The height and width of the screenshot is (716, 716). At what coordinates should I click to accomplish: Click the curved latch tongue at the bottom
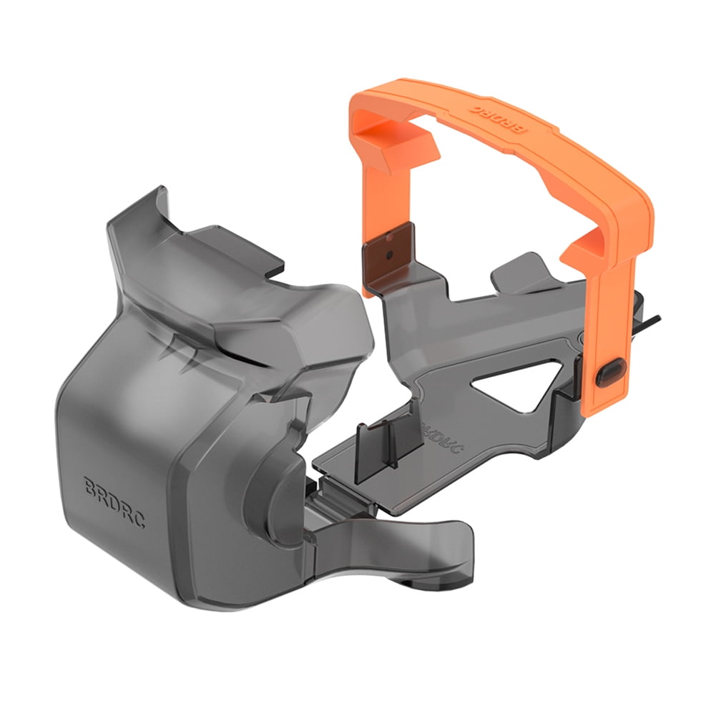coord(401,544)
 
